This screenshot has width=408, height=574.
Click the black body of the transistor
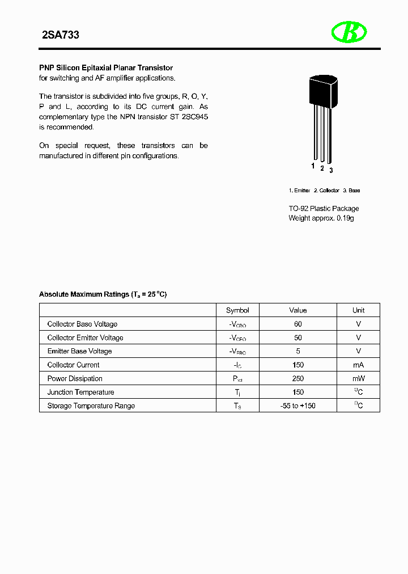click(321, 91)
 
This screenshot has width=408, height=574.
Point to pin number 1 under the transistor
click(313, 166)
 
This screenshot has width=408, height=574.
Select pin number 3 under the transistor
click(331, 170)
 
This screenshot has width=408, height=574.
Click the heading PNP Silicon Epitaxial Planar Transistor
click(106, 67)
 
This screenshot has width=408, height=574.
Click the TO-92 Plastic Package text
click(324, 208)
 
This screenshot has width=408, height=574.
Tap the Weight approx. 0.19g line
click(321, 218)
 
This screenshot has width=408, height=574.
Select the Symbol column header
click(237, 310)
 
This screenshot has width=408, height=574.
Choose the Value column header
click(298, 310)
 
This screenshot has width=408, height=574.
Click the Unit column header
click(358, 310)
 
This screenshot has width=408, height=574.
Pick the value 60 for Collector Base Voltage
click(298, 324)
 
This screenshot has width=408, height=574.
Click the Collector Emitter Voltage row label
click(85, 337)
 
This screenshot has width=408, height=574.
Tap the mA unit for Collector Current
click(358, 365)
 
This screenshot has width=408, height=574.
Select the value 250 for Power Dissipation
click(298, 378)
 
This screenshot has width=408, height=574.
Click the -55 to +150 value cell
click(298, 406)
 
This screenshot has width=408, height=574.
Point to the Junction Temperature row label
click(80, 392)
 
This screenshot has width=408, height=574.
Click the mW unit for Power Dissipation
click(358, 378)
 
